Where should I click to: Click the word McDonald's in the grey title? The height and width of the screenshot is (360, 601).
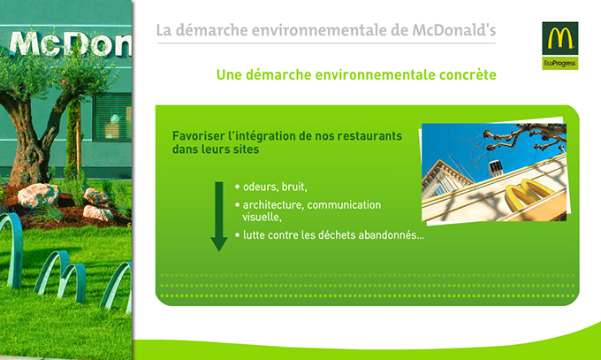[454, 30]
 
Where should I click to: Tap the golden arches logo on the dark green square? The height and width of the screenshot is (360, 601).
[560, 39]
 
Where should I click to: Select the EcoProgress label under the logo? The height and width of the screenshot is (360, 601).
[560, 64]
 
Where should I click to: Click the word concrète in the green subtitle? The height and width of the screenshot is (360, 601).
[468, 74]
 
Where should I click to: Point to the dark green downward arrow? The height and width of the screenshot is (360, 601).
[219, 217]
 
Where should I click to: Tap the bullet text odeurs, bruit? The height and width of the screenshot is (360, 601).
[275, 187]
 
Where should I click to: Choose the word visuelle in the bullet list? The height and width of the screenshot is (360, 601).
[262, 218]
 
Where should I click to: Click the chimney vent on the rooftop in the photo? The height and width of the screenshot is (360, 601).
[495, 168]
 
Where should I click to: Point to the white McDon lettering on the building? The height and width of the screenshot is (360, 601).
[70, 43]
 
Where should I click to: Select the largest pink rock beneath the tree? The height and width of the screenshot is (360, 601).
[38, 195]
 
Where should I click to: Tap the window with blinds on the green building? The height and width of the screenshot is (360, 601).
[112, 117]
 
